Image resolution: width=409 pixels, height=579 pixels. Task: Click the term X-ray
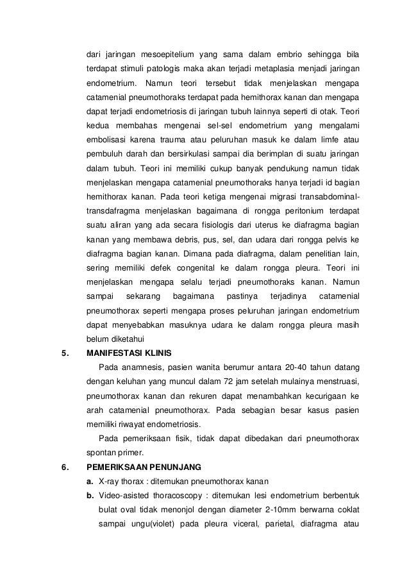[110, 482]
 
